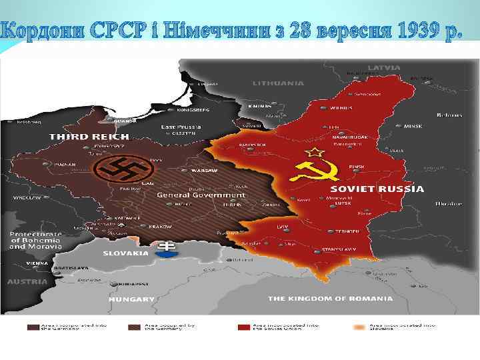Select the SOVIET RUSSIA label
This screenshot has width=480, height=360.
pos(383,189)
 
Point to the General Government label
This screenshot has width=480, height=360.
pos(201,195)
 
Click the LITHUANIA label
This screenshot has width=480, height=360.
pos(278,83)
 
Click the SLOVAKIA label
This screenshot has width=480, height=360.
pos(125,253)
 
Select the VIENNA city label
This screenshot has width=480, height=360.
pos(18,263)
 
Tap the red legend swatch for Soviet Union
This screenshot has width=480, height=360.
pos(244,328)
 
